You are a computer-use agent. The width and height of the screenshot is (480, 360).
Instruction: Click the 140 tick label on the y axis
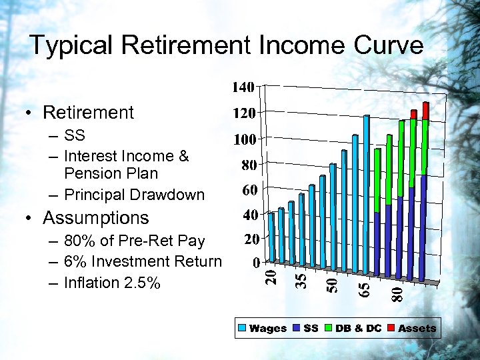[243, 87]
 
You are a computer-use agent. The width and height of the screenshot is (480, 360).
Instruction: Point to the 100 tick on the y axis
[243, 139]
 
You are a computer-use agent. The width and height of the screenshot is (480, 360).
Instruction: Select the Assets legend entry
[417, 328]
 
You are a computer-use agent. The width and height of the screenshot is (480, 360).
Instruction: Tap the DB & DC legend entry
[359, 328]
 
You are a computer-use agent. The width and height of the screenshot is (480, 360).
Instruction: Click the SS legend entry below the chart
[310, 328]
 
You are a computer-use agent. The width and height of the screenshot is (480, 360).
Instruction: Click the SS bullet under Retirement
[75, 135]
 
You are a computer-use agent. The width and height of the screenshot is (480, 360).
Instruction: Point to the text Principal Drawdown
[134, 195]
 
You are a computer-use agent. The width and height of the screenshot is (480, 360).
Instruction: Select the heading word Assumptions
[96, 218]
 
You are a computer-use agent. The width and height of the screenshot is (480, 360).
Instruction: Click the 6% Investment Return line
[143, 261]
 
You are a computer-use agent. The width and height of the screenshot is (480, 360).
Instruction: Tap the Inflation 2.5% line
[112, 283]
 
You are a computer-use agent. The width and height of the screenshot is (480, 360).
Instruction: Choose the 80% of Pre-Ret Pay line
[134, 240]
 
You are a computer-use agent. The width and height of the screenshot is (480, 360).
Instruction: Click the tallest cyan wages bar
[366, 193]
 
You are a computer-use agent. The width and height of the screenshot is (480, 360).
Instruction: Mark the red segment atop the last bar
[425, 111]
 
